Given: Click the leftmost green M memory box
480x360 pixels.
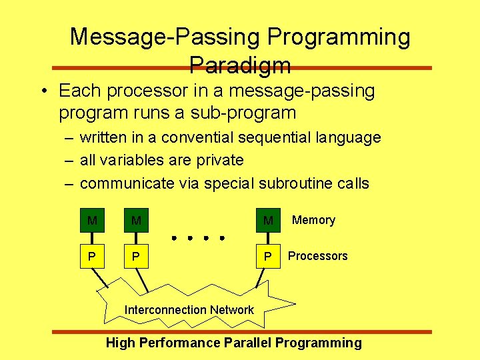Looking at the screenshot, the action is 92,220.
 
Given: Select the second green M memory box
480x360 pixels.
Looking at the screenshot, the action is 136,220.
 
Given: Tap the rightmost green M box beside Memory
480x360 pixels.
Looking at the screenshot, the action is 268,220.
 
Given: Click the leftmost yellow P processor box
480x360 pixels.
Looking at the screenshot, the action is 92,257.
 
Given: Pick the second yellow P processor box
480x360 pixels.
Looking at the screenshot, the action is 136,257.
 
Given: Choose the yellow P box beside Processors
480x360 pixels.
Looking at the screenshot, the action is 268,257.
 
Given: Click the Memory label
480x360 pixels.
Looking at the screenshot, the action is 313,220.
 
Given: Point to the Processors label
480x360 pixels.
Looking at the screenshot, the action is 317,256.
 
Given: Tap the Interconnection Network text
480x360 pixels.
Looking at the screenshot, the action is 189,310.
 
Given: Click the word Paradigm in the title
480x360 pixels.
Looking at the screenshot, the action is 240,65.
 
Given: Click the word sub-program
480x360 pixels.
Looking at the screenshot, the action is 253,113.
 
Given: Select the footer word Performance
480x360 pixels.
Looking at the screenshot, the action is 179,343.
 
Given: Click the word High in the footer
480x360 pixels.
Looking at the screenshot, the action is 120,343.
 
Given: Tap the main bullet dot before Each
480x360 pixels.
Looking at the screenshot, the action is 42,91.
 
